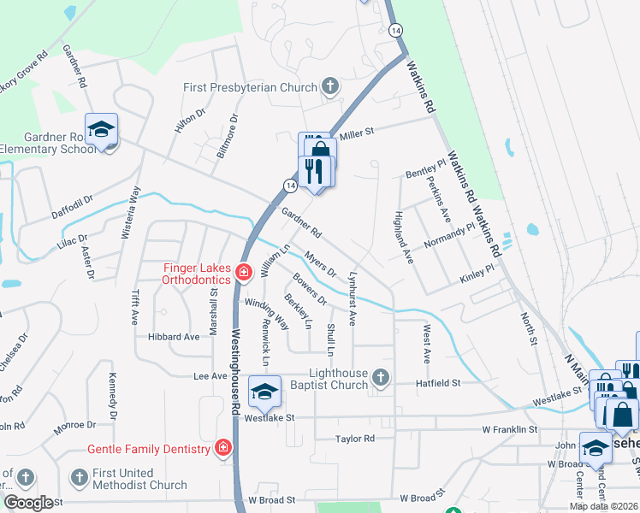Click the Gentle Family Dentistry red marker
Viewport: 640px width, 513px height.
tap(222, 448)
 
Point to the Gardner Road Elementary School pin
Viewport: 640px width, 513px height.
tap(101, 131)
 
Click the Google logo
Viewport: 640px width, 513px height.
tap(28, 503)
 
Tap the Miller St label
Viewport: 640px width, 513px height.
tap(358, 132)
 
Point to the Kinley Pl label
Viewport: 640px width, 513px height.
tap(477, 274)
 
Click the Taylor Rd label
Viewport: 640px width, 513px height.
tap(355, 439)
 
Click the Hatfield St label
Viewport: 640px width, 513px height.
tap(439, 384)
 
